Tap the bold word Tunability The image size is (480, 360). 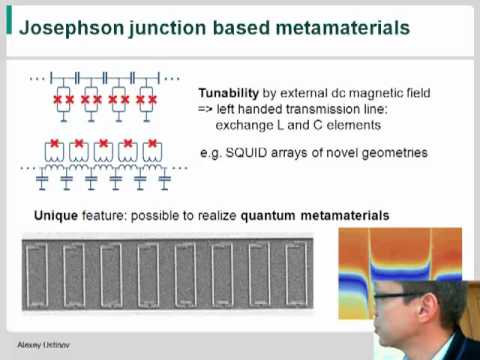[x=229, y=92]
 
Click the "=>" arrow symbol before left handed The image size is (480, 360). [x=205, y=109]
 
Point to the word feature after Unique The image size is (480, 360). [x=105, y=215]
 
